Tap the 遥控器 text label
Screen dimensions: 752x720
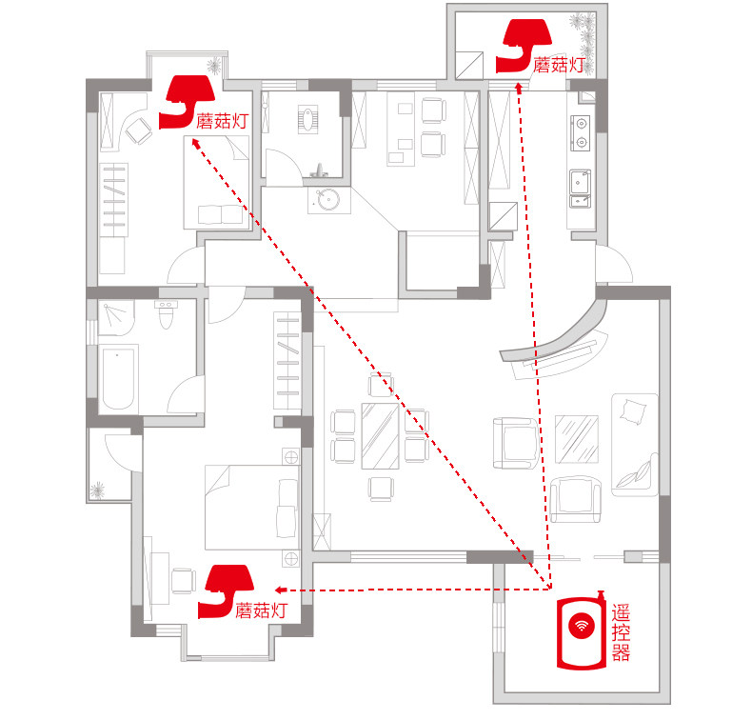click(x=621, y=632)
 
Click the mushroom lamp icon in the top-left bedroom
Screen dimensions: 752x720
click(x=187, y=102)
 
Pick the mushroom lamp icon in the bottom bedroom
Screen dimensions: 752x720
click(x=226, y=591)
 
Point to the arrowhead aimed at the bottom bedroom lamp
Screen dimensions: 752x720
click(x=281, y=590)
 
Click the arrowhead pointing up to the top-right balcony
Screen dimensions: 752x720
click(x=519, y=88)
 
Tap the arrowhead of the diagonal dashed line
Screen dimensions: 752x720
click(x=195, y=143)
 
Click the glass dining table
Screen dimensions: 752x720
click(x=381, y=435)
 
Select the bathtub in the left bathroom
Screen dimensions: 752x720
click(x=117, y=378)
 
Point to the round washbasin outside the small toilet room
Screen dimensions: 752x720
click(x=328, y=200)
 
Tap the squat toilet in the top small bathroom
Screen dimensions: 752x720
click(x=307, y=119)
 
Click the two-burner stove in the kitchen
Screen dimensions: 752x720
click(x=581, y=133)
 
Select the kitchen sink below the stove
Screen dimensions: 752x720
click(x=580, y=189)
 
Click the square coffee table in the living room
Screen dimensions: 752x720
click(x=577, y=439)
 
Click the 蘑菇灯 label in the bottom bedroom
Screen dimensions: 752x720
click(x=262, y=610)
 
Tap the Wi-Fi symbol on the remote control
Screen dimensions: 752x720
click(x=582, y=625)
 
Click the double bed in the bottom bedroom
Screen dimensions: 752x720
click(x=253, y=507)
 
